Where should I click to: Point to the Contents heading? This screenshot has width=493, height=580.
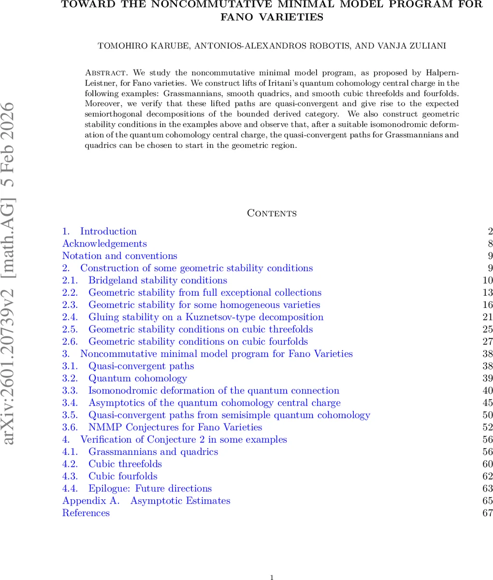pos(272,213)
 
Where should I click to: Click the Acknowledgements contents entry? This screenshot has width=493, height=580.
pos(104,244)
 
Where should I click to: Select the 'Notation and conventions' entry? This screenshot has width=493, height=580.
pos(120,256)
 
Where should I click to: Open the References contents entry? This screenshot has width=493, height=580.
pos(86,513)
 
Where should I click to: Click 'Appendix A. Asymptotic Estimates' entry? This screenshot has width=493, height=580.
pos(146,501)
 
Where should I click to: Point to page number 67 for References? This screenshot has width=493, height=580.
pos(487,513)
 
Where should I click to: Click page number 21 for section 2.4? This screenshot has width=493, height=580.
pos(487,317)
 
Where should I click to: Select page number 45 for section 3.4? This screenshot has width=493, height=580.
pos(487,403)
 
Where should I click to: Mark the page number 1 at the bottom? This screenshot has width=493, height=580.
pos(272,577)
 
